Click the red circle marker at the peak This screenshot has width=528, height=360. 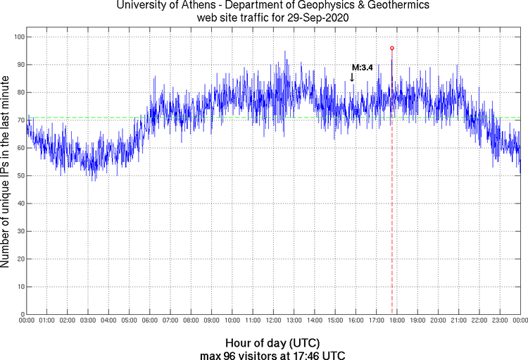tap(392, 48)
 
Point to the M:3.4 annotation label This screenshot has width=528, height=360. tap(362, 67)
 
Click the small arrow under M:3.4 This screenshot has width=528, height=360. tap(352, 77)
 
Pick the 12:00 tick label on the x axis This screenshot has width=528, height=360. tap(274, 321)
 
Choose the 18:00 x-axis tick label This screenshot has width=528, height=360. tap(397, 321)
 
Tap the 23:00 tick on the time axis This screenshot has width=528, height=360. tap(501, 321)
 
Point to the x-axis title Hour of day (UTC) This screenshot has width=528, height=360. tap(272, 342)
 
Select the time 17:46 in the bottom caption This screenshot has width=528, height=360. tap(308, 354)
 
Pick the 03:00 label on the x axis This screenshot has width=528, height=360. tap(89, 321)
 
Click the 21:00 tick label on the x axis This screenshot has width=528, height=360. tap(459, 321)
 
